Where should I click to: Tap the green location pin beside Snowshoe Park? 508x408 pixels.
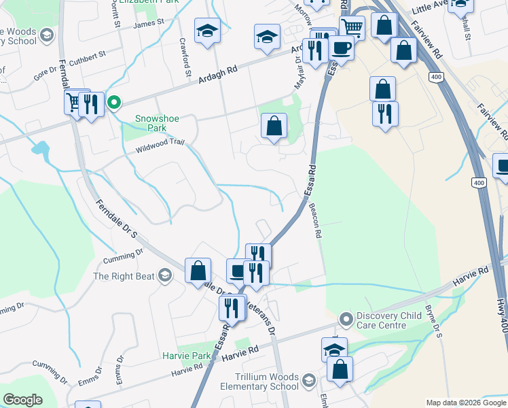click(x=115, y=103)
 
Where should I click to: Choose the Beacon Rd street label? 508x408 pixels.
click(x=314, y=221)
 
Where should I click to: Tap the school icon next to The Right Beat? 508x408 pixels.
click(x=164, y=275)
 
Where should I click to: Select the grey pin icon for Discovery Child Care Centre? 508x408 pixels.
click(x=346, y=318)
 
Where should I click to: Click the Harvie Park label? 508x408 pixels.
click(x=186, y=356)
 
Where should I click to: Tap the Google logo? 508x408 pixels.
click(x=22, y=399)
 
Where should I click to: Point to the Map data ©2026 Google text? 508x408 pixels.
click(x=465, y=403)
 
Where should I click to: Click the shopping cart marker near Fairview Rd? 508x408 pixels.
click(x=352, y=28)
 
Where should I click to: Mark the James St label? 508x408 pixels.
click(x=149, y=23)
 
